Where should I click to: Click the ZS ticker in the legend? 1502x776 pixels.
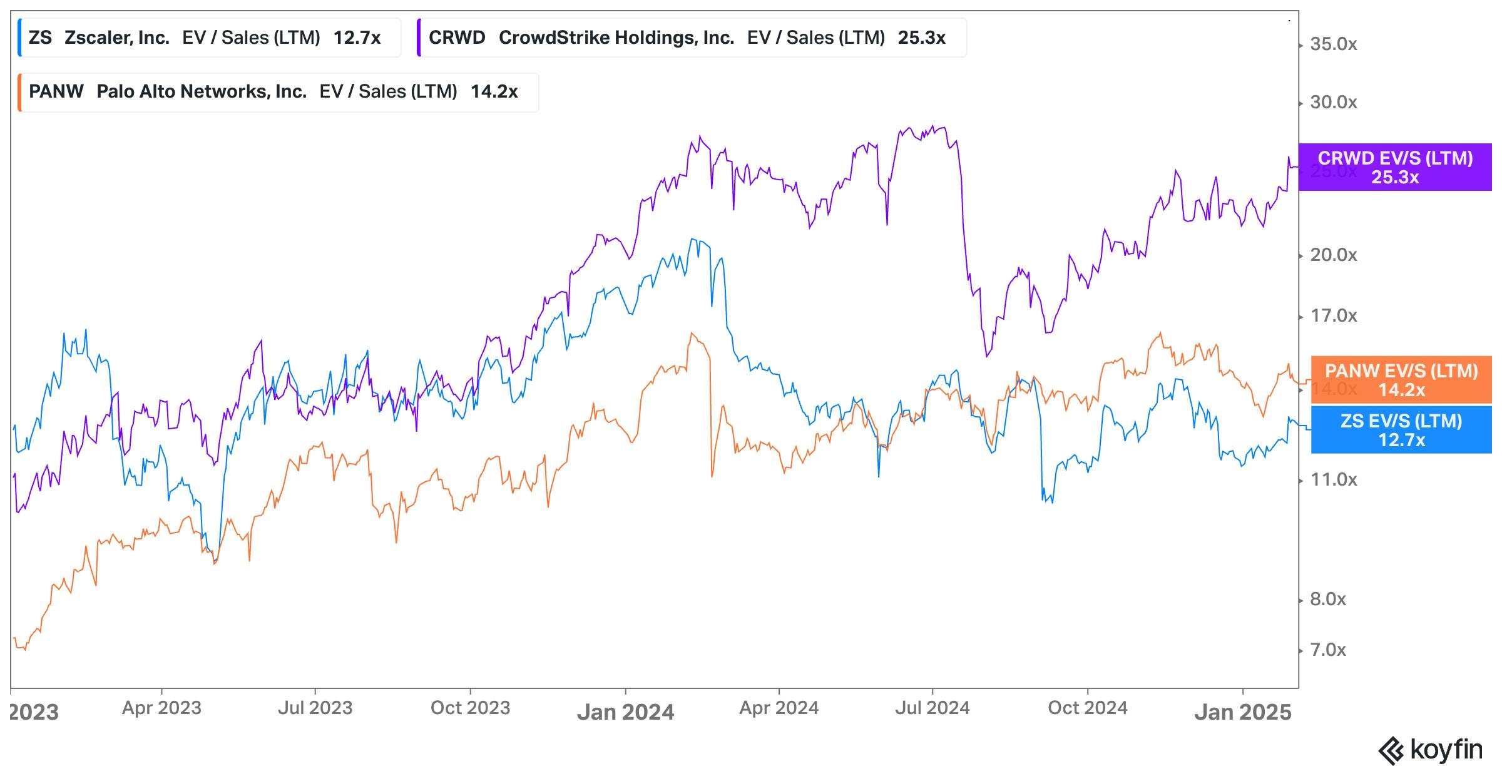click(x=40, y=38)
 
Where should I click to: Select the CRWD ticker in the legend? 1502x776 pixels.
click(x=457, y=38)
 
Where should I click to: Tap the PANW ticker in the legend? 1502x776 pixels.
click(x=56, y=91)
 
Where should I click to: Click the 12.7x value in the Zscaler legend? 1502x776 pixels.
click(x=357, y=38)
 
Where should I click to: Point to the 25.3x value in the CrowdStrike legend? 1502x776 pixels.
click(x=921, y=38)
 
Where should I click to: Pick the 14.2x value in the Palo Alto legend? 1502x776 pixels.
click(x=494, y=91)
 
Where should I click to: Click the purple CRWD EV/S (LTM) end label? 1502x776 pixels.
click(x=1395, y=167)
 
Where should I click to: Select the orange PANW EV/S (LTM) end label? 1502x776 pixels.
click(x=1401, y=380)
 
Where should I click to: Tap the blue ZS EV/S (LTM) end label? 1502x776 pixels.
click(x=1401, y=430)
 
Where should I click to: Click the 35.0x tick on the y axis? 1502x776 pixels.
click(x=1334, y=44)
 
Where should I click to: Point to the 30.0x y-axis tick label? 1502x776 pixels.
click(x=1334, y=102)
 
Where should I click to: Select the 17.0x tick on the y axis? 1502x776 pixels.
click(x=1334, y=315)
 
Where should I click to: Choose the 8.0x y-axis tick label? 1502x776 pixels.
click(x=1328, y=599)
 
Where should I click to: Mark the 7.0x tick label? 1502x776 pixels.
click(x=1328, y=650)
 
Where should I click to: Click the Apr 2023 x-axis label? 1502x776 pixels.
click(x=161, y=708)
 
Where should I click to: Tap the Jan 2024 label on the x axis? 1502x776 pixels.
click(x=625, y=712)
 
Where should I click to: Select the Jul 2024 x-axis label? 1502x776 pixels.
click(x=932, y=708)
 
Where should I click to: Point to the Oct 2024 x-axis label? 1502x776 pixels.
click(x=1087, y=708)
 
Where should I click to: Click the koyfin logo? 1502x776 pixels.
click(x=1431, y=750)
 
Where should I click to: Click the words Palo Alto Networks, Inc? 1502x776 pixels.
click(x=202, y=91)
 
